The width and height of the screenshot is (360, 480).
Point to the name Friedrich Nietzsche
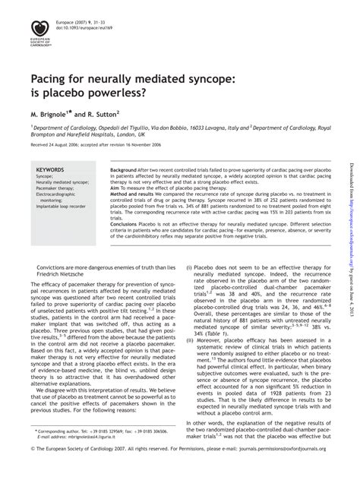(x=62, y=274)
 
